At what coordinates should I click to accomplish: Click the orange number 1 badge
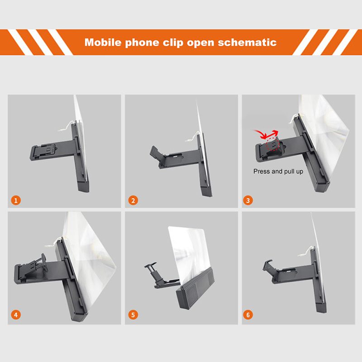point(16,200)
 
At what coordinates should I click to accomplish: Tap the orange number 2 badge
point(133,200)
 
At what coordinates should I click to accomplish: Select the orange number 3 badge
point(248,200)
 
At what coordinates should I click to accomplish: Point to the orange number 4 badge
point(16,314)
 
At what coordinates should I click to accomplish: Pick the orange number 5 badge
point(133,314)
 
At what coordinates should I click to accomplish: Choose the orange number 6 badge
point(248,314)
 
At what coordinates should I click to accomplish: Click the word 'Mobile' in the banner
point(103,42)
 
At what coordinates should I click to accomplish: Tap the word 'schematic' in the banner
point(247,42)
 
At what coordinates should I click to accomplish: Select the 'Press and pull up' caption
point(278,171)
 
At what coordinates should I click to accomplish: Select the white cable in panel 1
point(67,126)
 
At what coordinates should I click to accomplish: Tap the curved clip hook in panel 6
point(267,265)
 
